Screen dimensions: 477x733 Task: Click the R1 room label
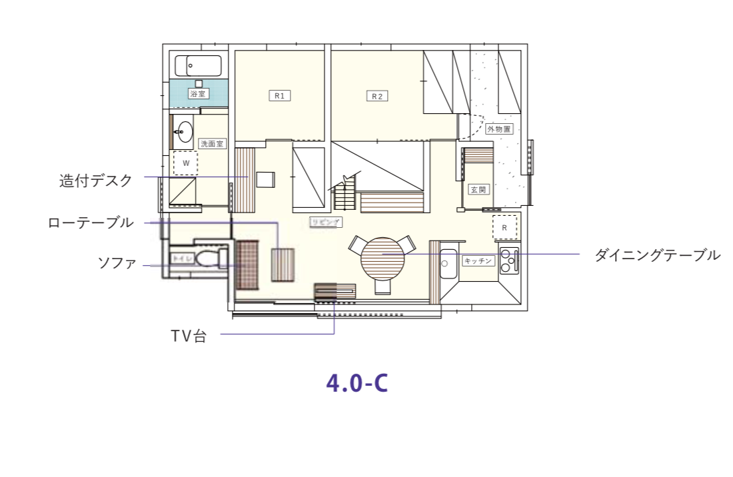click(280, 96)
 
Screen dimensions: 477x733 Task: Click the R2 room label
click(377, 96)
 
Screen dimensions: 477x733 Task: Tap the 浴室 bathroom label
click(197, 95)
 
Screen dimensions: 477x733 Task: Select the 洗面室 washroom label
click(213, 143)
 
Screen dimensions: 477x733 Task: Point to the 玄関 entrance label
click(478, 189)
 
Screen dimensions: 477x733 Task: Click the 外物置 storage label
click(499, 129)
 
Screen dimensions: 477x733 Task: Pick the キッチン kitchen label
click(478, 260)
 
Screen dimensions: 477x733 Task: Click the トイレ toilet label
click(182, 258)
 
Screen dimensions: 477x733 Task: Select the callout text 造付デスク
click(96, 181)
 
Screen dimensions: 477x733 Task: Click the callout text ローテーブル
click(91, 223)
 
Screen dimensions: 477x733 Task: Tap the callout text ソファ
click(117, 263)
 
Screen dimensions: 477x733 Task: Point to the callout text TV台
click(188, 336)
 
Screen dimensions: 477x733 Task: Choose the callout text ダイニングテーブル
click(657, 254)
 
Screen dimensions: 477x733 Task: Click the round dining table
click(382, 260)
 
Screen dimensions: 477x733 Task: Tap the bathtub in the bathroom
click(198, 66)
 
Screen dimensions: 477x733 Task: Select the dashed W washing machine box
click(185, 163)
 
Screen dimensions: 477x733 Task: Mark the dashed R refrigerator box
click(504, 228)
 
